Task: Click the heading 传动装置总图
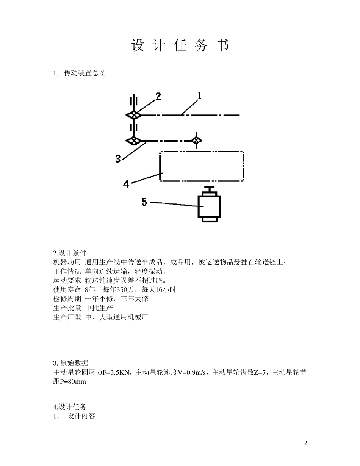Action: click(x=85, y=73)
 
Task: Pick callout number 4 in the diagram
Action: click(x=126, y=184)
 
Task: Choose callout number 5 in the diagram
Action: click(x=144, y=202)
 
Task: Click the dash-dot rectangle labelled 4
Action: click(x=202, y=166)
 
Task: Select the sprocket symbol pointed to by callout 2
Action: click(x=133, y=116)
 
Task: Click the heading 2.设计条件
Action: click(x=70, y=253)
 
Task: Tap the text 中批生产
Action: click(x=99, y=308)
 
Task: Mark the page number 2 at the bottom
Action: click(x=305, y=443)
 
